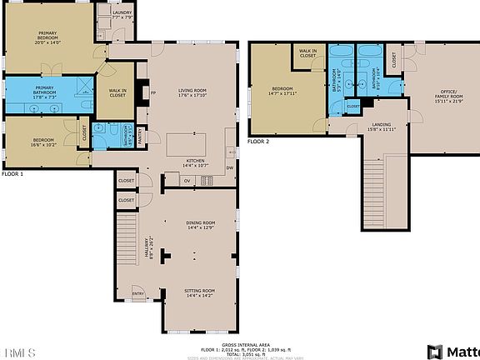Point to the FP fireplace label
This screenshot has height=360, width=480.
tap(153, 93)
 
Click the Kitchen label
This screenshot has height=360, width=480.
tap(195, 162)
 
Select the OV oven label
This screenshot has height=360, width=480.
tap(187, 180)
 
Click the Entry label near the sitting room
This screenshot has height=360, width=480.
tap(138, 293)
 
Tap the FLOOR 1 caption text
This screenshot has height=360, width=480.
tap(12, 174)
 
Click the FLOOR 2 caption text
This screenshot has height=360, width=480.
tap(259, 142)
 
